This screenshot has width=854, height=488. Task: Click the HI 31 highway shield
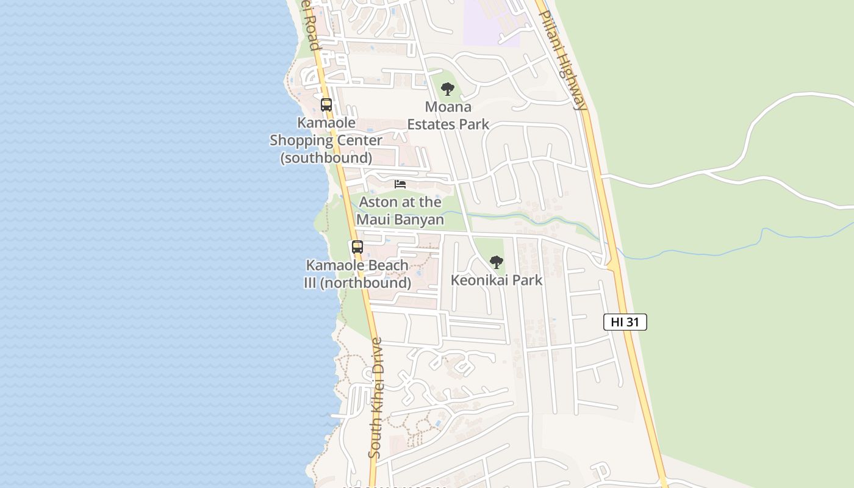point(625,322)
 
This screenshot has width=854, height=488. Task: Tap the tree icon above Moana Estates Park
point(448,89)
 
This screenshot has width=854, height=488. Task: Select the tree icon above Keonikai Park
point(497,262)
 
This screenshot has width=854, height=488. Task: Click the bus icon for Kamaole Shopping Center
point(326,104)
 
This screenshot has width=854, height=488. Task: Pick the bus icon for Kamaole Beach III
point(357,247)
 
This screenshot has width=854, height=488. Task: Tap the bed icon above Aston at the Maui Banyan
point(400,184)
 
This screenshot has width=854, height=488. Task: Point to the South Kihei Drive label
point(376,398)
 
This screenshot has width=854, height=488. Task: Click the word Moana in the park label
point(448,107)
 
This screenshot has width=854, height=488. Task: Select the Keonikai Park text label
point(497,280)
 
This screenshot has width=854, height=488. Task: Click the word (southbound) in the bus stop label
point(326,158)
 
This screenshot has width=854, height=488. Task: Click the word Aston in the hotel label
point(379,202)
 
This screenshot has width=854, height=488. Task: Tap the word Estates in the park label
point(432,124)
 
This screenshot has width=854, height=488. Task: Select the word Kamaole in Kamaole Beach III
point(332,265)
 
